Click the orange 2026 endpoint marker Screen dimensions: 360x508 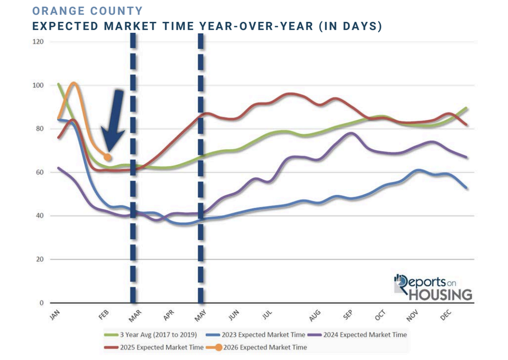point(107,157)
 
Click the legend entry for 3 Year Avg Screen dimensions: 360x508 point(155,335)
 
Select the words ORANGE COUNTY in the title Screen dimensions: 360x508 point(87,11)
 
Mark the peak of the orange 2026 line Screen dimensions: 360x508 point(74,83)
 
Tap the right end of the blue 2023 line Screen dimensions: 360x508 point(466,188)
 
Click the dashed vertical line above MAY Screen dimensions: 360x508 point(201,149)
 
